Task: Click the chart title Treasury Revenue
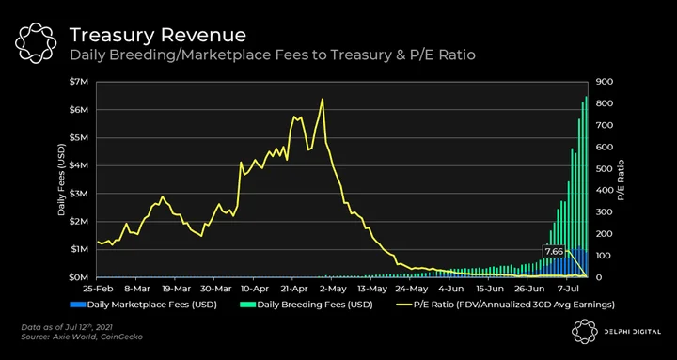click(x=158, y=35)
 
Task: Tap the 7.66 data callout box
click(x=554, y=251)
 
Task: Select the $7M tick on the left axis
click(x=80, y=82)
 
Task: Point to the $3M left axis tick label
click(x=80, y=194)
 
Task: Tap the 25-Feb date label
click(x=96, y=289)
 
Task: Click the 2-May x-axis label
click(x=332, y=289)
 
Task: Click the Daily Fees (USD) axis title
click(x=61, y=180)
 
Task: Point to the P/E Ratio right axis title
click(x=621, y=180)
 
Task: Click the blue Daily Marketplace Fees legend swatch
click(x=78, y=305)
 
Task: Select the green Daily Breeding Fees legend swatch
click(x=247, y=305)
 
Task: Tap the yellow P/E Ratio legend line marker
click(x=403, y=305)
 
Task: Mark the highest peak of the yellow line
click(x=323, y=100)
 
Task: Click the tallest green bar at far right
click(x=586, y=186)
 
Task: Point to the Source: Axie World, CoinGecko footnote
click(x=82, y=337)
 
